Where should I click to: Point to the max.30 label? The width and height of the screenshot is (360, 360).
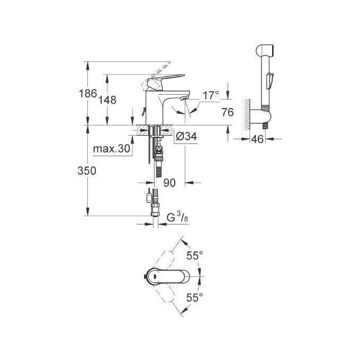112,149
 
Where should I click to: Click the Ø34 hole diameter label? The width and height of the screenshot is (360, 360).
185,137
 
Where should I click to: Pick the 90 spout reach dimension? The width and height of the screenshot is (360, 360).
169,183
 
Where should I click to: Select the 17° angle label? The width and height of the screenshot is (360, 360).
211,96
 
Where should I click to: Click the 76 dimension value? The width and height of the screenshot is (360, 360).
228,112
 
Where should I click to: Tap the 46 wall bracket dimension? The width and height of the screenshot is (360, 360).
257,140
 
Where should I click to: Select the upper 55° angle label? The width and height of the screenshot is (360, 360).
195,256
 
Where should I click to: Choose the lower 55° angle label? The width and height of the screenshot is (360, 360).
195,298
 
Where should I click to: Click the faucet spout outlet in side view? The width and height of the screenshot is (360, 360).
183,99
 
